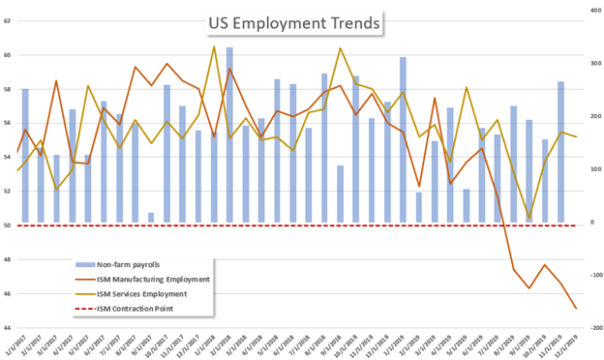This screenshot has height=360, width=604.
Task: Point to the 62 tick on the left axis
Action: [x=7, y=21]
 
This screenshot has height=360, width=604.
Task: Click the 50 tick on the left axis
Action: [x=7, y=225]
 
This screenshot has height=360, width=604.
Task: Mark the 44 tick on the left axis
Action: [x=7, y=328]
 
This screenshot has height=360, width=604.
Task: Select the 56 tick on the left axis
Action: [x=7, y=123]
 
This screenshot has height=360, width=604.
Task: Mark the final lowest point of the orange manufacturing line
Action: [x=577, y=309]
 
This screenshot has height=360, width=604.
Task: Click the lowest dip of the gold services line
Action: [x=528, y=218]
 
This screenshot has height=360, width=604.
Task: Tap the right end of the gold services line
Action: [x=577, y=136]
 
